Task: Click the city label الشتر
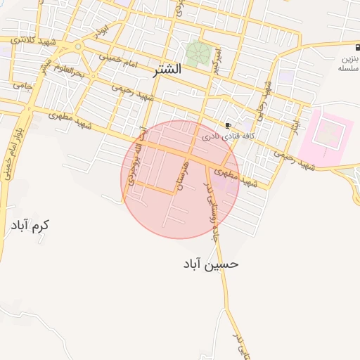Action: (x=166, y=70)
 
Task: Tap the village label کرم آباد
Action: (x=31, y=226)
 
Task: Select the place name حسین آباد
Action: (x=212, y=264)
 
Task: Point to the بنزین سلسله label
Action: (x=349, y=64)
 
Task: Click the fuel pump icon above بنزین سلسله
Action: (x=349, y=47)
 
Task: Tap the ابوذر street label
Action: (x=103, y=31)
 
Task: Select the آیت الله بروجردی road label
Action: (x=135, y=160)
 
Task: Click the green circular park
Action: (x=198, y=53)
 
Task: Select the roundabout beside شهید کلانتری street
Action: (x=78, y=47)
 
